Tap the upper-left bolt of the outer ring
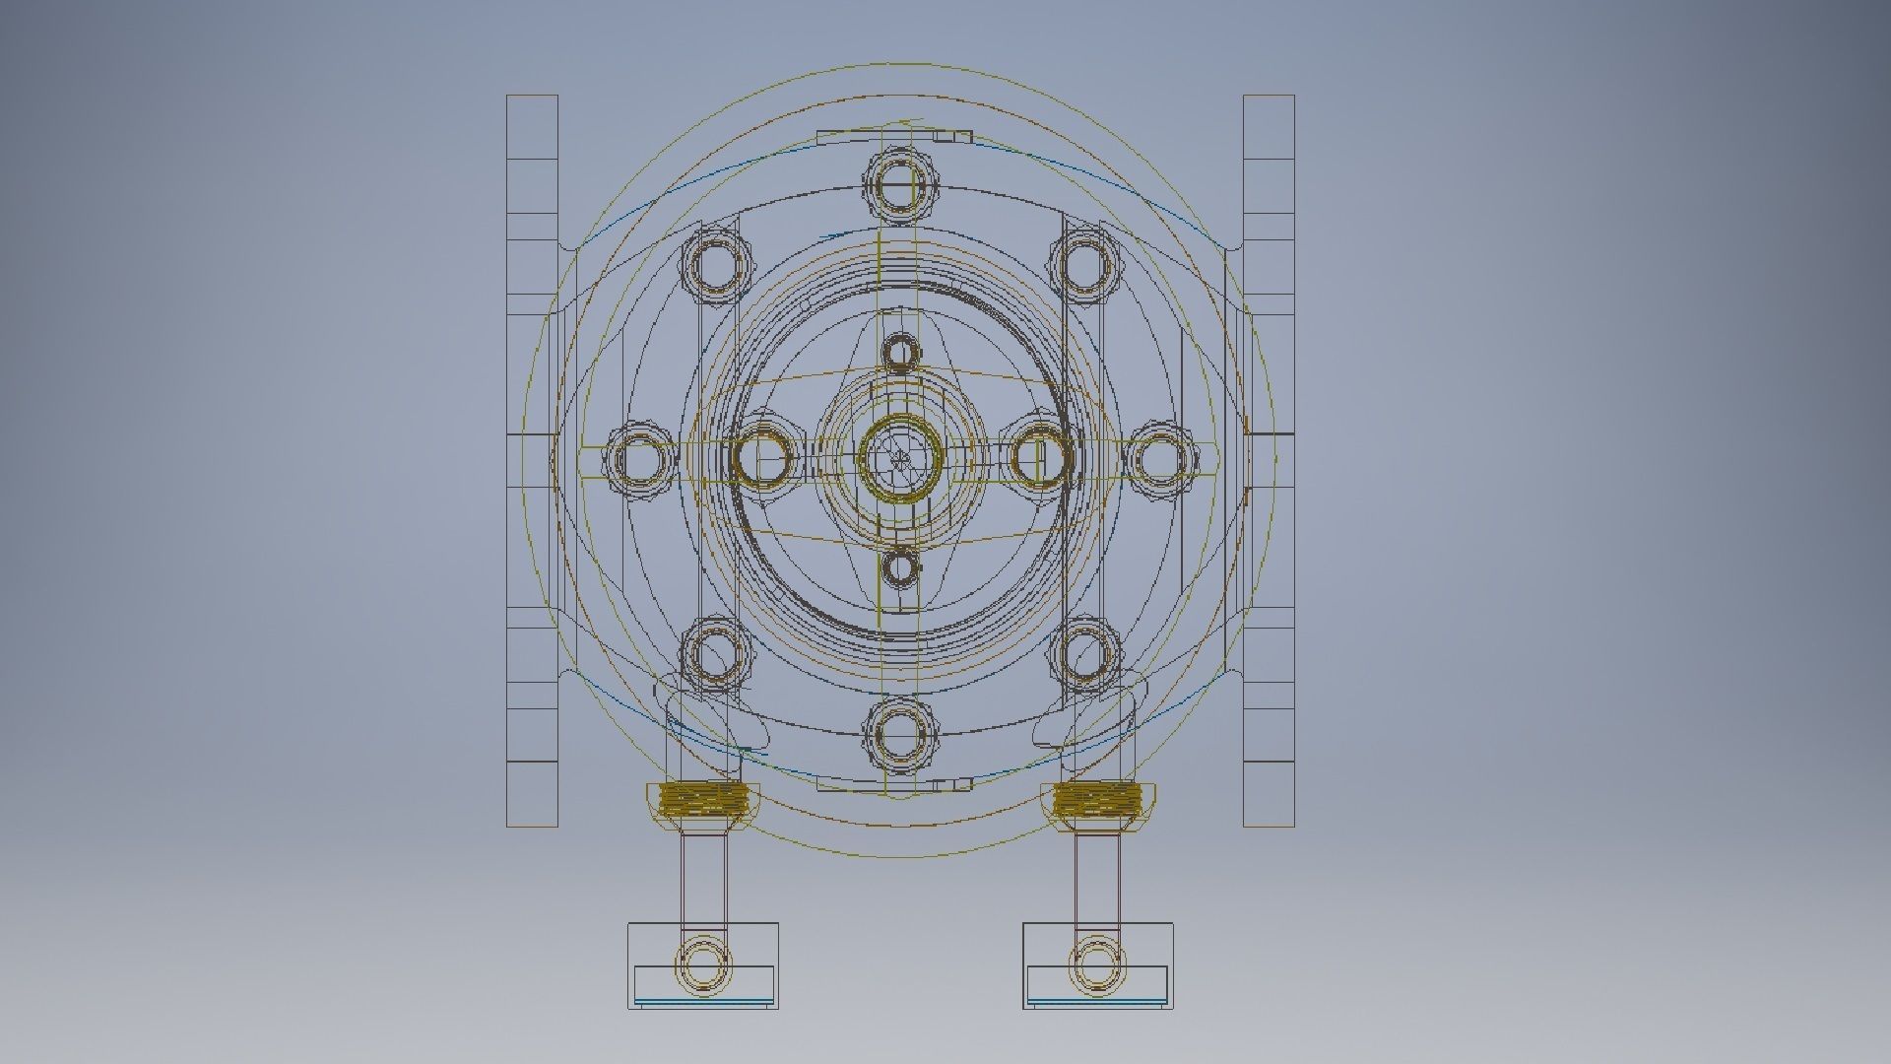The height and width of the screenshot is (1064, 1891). (x=716, y=262)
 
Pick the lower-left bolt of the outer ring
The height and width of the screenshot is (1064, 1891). (x=716, y=652)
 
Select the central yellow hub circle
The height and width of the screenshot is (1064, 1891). (x=900, y=457)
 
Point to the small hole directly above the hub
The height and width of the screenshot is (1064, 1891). (x=900, y=352)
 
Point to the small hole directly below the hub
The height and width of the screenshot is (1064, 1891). (x=900, y=567)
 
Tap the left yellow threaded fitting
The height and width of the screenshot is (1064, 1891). (x=703, y=798)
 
